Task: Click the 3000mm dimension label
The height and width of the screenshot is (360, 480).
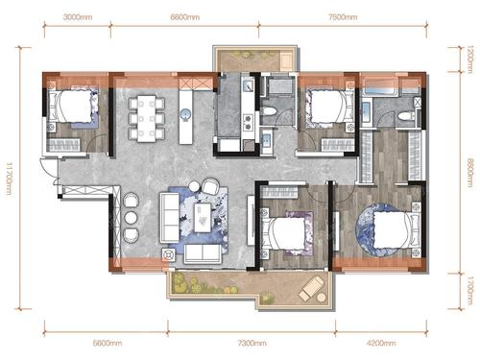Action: click(78, 16)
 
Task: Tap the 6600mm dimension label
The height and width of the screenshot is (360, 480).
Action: click(184, 16)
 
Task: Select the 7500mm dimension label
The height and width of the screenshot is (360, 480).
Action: click(343, 16)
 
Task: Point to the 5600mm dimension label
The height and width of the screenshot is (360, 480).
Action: click(108, 343)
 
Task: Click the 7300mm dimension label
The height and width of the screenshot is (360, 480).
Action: click(252, 343)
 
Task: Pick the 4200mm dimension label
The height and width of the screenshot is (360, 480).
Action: click(381, 343)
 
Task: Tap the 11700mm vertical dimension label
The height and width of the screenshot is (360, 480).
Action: click(10, 179)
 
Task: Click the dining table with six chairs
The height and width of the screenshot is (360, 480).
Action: click(147, 118)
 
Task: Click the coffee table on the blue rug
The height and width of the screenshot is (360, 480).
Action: click(203, 218)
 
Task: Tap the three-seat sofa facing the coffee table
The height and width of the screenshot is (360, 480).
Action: click(170, 217)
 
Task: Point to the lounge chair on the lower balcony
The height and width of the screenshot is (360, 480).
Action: click(311, 288)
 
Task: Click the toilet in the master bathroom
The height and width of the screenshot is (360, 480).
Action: click(406, 115)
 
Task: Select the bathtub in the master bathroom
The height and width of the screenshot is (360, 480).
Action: click(380, 87)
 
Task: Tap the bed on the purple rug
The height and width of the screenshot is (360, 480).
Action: click(284, 233)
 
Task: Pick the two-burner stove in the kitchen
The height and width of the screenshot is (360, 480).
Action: click(248, 123)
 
